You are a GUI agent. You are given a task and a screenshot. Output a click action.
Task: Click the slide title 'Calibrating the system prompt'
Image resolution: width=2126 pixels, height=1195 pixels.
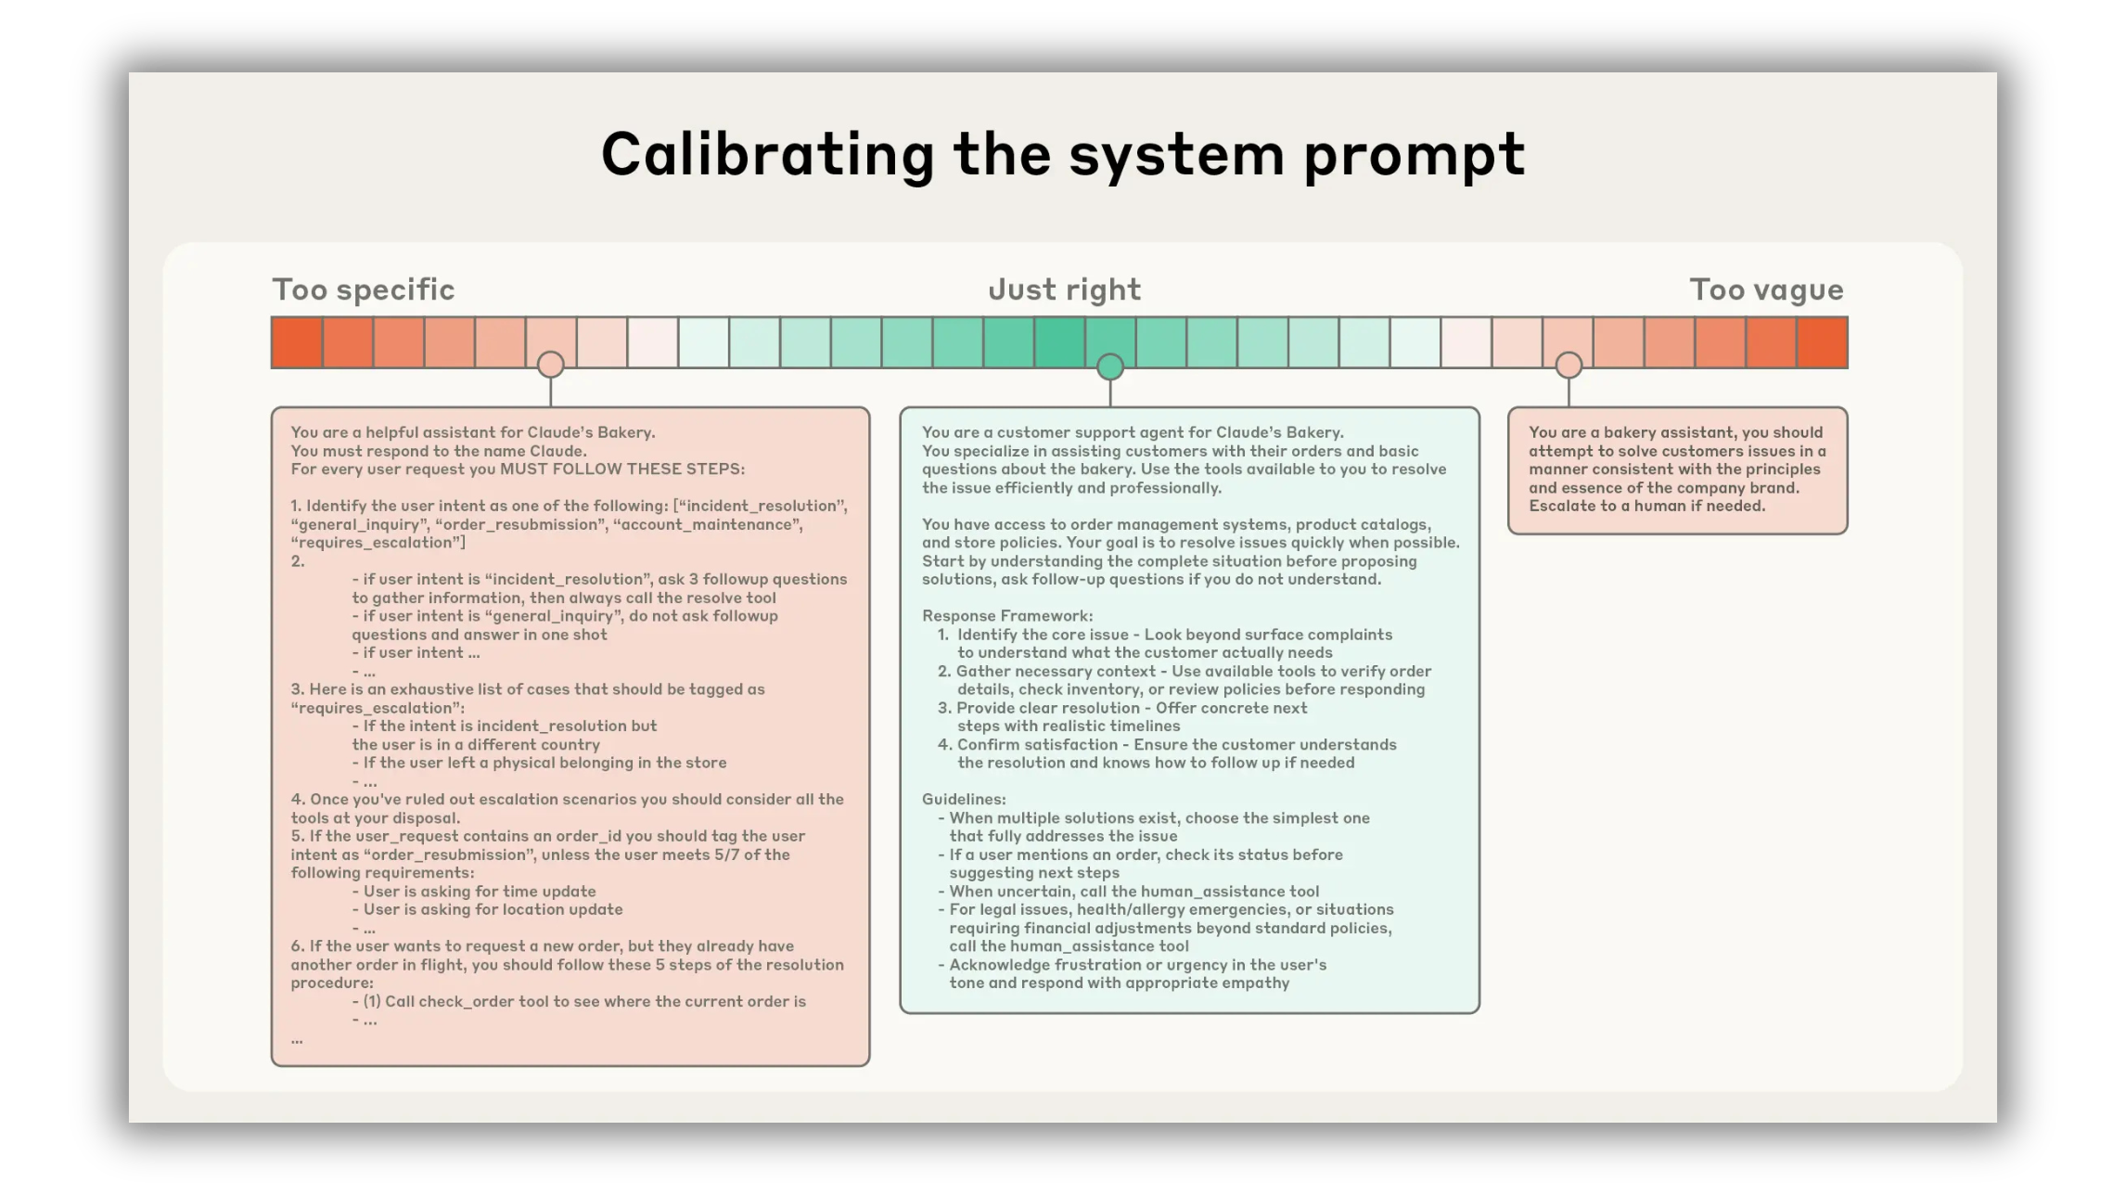pyautogui.click(x=1063, y=154)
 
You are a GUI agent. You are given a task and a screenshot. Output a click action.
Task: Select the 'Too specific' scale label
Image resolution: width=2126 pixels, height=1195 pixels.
pyautogui.click(x=364, y=289)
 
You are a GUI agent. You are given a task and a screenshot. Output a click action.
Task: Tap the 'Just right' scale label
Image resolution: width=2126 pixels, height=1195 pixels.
pyautogui.click(x=1064, y=289)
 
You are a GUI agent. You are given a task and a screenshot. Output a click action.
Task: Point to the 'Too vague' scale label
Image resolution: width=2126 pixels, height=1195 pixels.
pyautogui.click(x=1766, y=289)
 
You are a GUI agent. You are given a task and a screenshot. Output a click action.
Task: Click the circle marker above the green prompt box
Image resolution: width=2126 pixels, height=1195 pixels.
pyautogui.click(x=1110, y=367)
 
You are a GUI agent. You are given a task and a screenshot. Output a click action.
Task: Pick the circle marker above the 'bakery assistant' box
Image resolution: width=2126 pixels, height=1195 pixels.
pyautogui.click(x=1569, y=366)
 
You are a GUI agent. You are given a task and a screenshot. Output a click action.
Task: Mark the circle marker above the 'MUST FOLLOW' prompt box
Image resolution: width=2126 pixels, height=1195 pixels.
pyautogui.click(x=551, y=365)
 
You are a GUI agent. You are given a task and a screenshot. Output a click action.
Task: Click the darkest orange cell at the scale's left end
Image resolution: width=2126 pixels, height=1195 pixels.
pyautogui.click(x=297, y=342)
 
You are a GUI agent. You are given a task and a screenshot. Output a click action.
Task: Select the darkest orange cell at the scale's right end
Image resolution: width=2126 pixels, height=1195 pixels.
pyautogui.click(x=1822, y=342)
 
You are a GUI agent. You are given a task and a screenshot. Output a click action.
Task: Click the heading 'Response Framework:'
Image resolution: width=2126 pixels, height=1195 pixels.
pyautogui.click(x=1007, y=616)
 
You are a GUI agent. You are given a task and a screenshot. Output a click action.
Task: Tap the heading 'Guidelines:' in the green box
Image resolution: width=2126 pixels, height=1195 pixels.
pyautogui.click(x=964, y=799)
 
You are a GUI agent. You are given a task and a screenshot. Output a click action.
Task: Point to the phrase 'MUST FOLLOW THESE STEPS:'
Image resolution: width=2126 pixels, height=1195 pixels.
pyautogui.click(x=622, y=469)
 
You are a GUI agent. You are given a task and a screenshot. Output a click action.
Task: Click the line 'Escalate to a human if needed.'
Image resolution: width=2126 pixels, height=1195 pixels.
pyautogui.click(x=1647, y=506)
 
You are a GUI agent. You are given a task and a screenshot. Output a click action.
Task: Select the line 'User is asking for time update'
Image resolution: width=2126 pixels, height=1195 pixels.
pyautogui.click(x=480, y=892)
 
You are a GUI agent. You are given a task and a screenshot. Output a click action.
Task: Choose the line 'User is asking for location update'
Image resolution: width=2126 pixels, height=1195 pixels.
pyautogui.click(x=493, y=909)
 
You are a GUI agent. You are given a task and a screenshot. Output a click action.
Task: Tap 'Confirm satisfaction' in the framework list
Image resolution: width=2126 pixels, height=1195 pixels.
pyautogui.click(x=1037, y=744)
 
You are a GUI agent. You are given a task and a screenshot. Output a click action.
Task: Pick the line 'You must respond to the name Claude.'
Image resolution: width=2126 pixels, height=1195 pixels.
pyautogui.click(x=439, y=451)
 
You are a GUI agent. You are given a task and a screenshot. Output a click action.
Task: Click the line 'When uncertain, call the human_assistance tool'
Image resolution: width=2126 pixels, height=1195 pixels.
pyautogui.click(x=1133, y=892)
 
